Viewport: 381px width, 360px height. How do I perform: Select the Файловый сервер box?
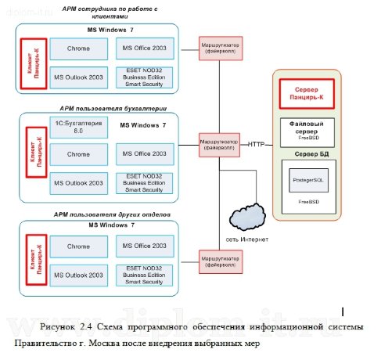click(x=306, y=128)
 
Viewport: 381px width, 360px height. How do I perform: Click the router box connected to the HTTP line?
click(x=220, y=144)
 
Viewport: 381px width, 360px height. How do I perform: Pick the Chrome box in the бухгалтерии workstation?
click(x=77, y=155)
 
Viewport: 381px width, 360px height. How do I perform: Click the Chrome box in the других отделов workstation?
click(x=77, y=247)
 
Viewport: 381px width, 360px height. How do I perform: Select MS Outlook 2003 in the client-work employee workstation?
click(x=77, y=77)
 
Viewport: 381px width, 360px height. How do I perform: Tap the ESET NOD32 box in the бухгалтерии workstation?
click(x=141, y=183)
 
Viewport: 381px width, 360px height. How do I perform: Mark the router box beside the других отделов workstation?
click(x=220, y=259)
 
